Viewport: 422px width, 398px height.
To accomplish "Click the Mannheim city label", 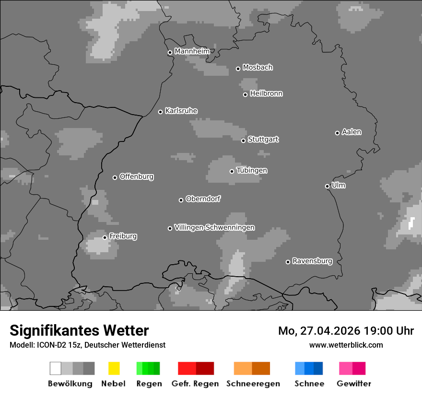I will pyautogui.click(x=192, y=51).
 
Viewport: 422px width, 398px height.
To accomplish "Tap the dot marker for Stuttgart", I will pyautogui.click(x=243, y=140).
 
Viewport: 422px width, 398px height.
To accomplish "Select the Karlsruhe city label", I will pyautogui.click(x=181, y=111).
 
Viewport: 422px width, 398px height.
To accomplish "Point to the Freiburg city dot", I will pyautogui.click(x=105, y=237).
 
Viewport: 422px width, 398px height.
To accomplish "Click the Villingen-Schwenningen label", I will pyautogui.click(x=214, y=227).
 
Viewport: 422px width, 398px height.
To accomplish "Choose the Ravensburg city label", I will pyautogui.click(x=312, y=261).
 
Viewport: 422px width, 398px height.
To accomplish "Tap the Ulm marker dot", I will pyautogui.click(x=327, y=186).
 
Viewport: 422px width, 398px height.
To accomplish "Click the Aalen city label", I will pyautogui.click(x=352, y=132).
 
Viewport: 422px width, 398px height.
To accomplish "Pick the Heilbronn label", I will pyautogui.click(x=266, y=94).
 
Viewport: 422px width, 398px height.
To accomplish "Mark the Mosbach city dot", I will pyautogui.click(x=238, y=69).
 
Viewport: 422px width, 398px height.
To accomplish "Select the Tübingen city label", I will pyautogui.click(x=252, y=170).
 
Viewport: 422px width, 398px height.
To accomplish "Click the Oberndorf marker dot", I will pyautogui.click(x=181, y=200).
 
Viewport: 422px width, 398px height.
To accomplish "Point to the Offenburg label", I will pyautogui.click(x=136, y=176).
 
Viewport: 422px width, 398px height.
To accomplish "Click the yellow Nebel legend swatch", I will pyautogui.click(x=114, y=368).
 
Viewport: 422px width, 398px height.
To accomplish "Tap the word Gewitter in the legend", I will pyautogui.click(x=353, y=384).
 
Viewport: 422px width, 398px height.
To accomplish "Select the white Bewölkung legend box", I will pyautogui.click(x=55, y=368).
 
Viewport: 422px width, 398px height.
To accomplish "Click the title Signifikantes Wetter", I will pyautogui.click(x=79, y=330).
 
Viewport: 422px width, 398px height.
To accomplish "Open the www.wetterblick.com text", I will pyautogui.click(x=346, y=345).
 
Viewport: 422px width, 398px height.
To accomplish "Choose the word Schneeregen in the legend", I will pyautogui.click(x=253, y=384).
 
